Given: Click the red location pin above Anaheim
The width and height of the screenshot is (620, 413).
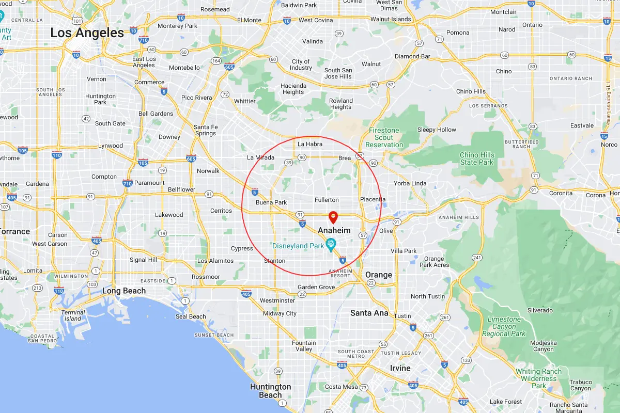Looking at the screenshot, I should click(x=333, y=217).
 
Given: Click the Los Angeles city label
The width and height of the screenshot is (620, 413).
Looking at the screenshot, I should click(x=87, y=33).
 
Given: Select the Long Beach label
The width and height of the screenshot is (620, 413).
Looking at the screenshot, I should click(x=124, y=291).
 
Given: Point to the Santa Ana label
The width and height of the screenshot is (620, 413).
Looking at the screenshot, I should click(x=369, y=313).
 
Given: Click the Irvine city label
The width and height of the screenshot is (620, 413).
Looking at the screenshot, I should click(x=400, y=368).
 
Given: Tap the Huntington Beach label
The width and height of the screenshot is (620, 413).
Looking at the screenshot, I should click(x=270, y=391).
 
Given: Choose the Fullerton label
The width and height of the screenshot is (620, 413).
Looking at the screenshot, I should click(x=327, y=200).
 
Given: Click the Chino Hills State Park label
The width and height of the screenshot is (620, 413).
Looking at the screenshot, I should click(x=477, y=158).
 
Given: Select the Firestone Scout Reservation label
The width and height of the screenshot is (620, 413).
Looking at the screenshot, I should click(x=384, y=138).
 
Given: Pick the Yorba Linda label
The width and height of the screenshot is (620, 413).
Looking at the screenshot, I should click(x=410, y=183).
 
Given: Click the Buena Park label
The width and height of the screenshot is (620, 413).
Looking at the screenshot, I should click(x=271, y=202).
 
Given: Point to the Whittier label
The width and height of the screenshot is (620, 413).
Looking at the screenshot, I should click(x=244, y=101).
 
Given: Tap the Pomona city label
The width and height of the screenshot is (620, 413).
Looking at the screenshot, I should click(x=458, y=33).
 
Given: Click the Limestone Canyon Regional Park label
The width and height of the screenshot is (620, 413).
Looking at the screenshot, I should click(x=503, y=326).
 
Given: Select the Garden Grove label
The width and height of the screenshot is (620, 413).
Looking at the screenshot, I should click(x=316, y=287).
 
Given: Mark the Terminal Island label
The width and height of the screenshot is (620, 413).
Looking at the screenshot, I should click(x=73, y=315).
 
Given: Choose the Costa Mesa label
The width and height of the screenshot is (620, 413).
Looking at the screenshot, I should click(x=341, y=387).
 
